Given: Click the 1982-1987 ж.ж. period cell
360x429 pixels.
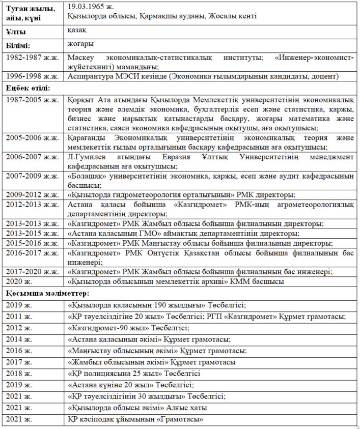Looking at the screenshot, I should coord(32,58).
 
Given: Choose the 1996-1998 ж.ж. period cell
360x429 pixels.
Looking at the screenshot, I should coord(32,76).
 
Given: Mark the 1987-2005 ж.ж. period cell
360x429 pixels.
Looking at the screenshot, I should coord(32,99).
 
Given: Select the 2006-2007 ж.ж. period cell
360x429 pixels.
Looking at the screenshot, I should coord(32,157).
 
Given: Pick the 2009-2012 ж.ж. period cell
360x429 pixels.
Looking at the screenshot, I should coord(32,194).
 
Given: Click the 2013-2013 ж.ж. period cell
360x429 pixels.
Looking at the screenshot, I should coord(32,223).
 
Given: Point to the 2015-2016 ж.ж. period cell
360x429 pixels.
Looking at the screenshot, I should coord(32,243).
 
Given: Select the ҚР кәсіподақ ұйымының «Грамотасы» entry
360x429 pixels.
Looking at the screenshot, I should coord(135,419).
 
